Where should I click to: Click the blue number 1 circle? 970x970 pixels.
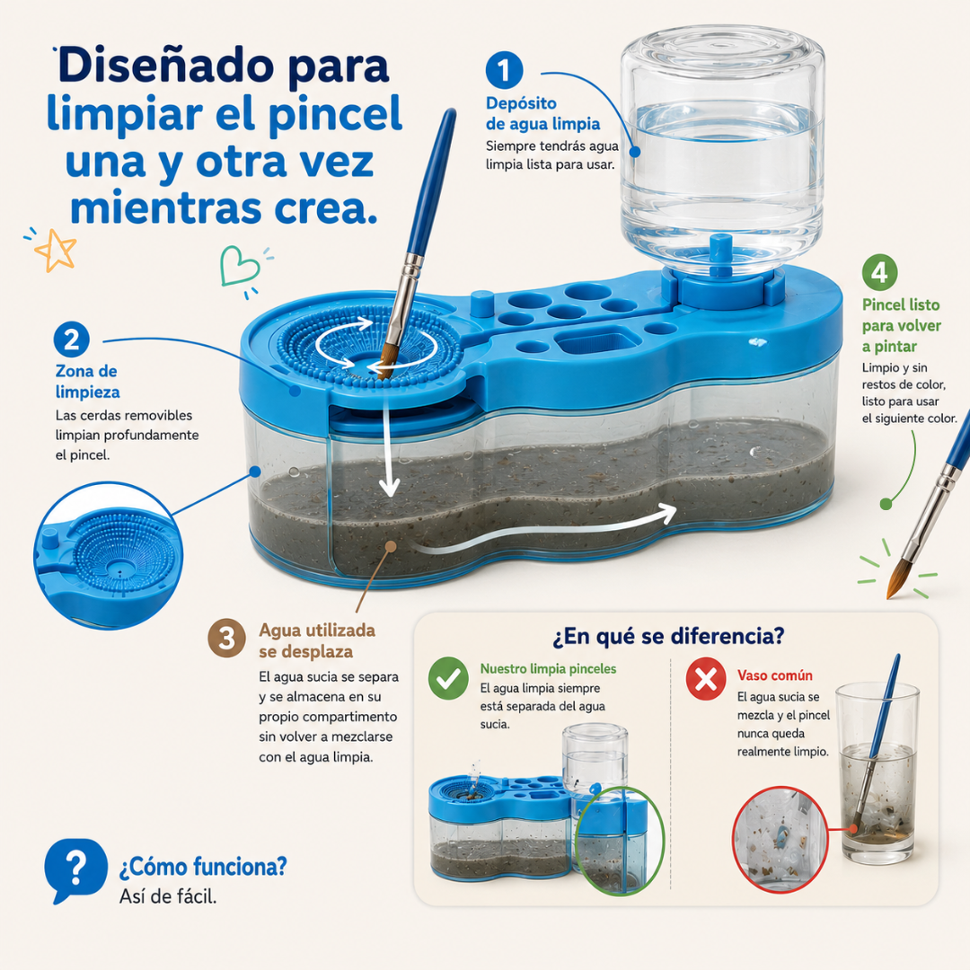504,70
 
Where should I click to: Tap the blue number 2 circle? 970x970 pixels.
72,339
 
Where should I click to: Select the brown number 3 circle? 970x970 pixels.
226,638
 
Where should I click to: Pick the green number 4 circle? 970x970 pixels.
879,272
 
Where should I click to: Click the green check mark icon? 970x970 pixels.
448,679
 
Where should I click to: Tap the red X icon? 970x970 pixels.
706,679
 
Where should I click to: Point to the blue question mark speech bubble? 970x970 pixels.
75,869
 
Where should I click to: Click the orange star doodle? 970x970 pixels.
57,250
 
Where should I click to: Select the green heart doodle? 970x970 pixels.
238,266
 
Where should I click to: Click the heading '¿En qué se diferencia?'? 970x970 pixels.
668,636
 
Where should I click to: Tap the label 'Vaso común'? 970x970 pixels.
774,675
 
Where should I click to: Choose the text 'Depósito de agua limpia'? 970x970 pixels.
542,114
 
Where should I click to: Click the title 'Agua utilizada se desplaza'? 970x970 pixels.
317,641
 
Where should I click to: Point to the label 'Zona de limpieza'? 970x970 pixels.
87,382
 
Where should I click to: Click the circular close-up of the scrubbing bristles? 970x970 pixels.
109,555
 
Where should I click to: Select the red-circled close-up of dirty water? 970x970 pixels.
780,840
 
